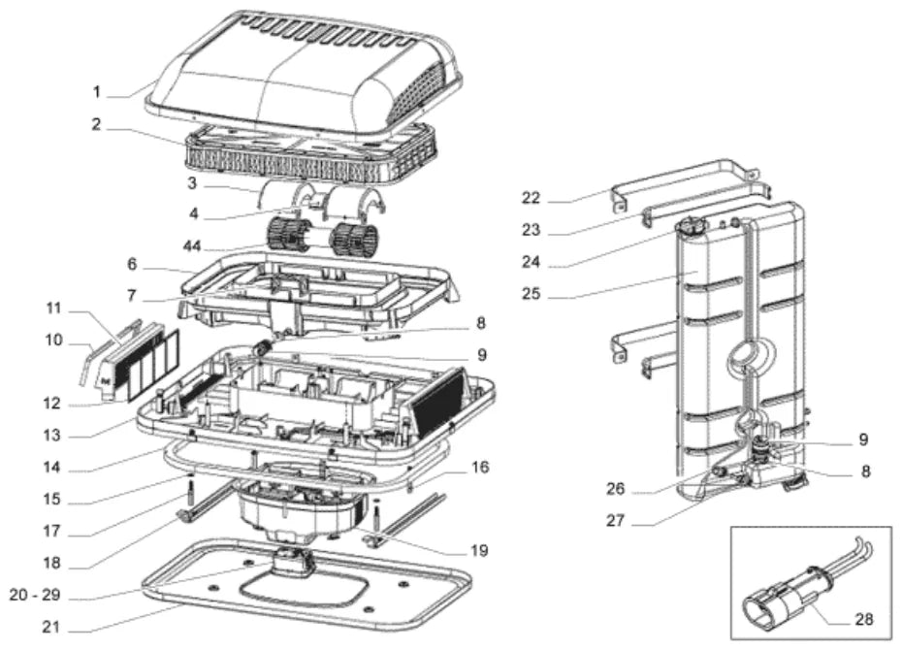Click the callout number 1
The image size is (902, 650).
(x=97, y=92)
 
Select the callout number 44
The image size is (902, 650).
(x=192, y=246)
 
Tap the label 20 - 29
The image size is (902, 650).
(x=35, y=595)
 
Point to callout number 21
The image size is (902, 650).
(x=51, y=627)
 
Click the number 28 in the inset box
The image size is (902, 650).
(x=864, y=619)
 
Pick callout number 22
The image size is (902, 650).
(x=531, y=198)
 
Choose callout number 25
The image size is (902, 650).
(x=531, y=294)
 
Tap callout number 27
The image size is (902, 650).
(x=615, y=521)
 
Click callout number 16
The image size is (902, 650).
(x=480, y=468)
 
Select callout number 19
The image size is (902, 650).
(x=479, y=550)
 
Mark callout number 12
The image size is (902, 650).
(x=51, y=404)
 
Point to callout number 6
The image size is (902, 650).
(x=132, y=265)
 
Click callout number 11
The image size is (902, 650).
(x=53, y=309)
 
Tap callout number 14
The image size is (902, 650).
(x=51, y=467)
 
